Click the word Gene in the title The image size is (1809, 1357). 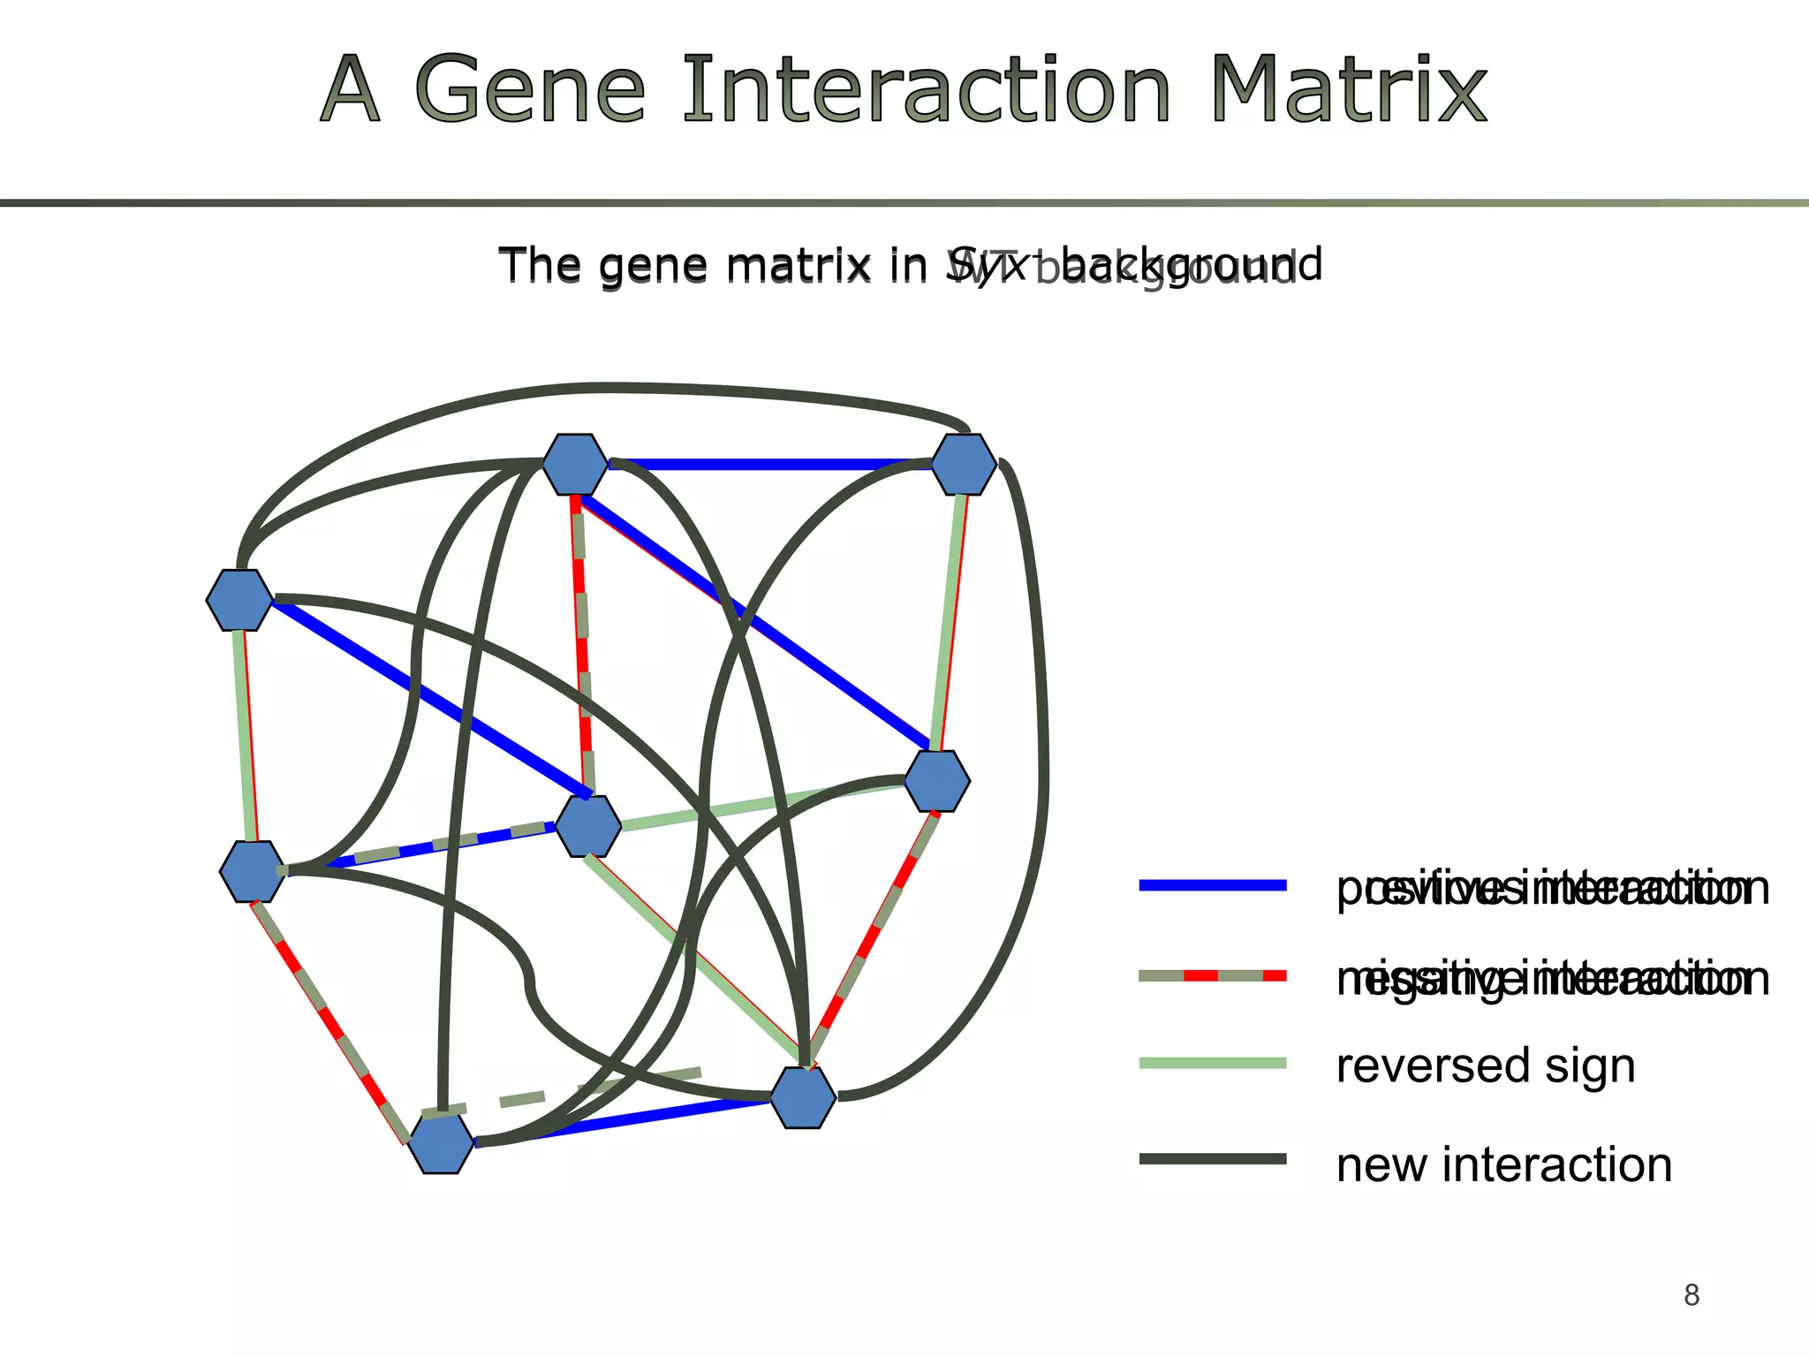[530, 90]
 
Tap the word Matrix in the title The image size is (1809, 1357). [1348, 90]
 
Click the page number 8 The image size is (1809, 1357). [1691, 1295]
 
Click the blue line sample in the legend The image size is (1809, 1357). [1212, 885]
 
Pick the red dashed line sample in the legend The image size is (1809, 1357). [1212, 976]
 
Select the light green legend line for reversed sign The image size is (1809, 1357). [1212, 1064]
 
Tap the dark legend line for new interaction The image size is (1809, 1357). [1212, 1159]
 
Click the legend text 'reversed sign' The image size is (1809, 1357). [1486, 1065]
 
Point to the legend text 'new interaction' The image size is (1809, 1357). [1503, 1164]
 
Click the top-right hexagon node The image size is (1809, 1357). [964, 464]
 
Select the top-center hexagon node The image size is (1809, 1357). [575, 464]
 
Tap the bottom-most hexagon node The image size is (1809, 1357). [441, 1143]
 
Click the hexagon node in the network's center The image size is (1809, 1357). [587, 826]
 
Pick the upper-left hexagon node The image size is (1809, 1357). [239, 600]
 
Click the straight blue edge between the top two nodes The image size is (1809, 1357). [768, 464]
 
